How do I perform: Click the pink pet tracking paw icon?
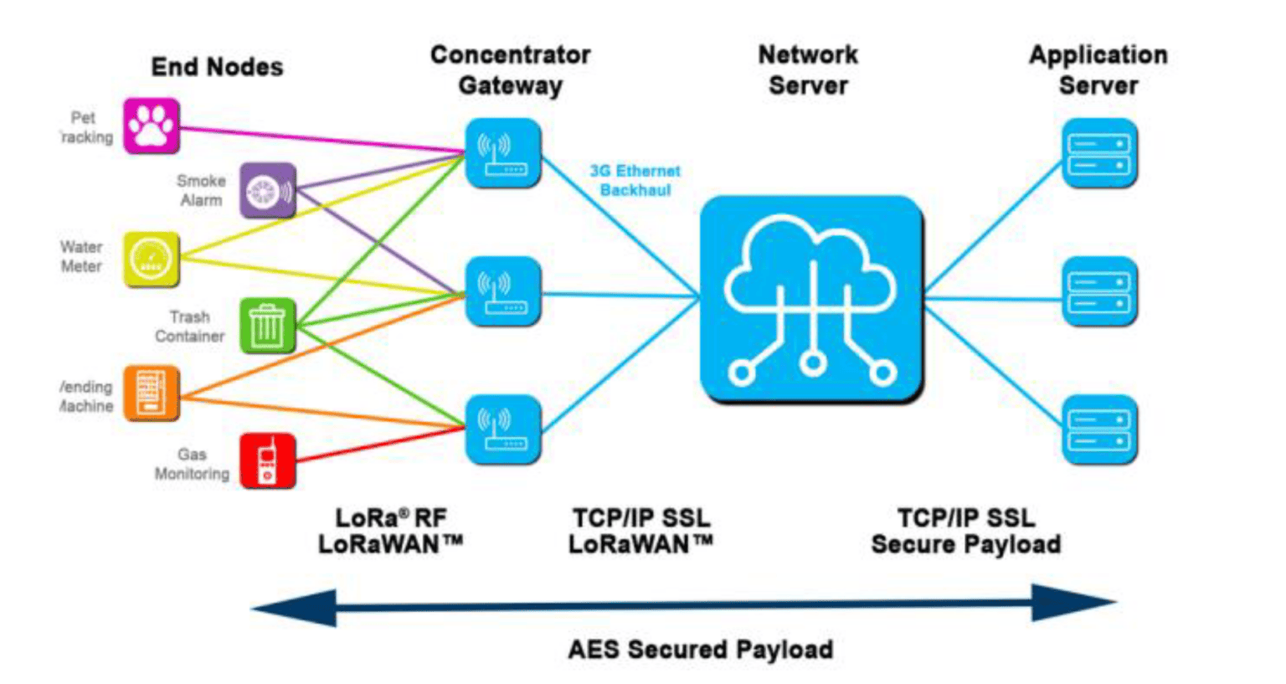point(152,126)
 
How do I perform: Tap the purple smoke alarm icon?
point(268,191)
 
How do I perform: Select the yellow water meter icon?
point(152,259)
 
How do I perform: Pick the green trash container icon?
point(268,326)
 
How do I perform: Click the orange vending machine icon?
point(152,393)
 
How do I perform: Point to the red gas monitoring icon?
point(268,460)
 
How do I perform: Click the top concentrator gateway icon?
point(502,153)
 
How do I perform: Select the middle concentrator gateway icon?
point(502,291)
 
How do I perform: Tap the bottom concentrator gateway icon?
point(502,429)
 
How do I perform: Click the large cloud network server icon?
point(811,299)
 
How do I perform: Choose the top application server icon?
point(1099,153)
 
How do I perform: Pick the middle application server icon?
point(1099,291)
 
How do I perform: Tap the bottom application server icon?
point(1099,429)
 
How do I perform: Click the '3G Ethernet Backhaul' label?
point(635,181)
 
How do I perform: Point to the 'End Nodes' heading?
point(217,67)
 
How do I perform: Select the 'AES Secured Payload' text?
point(700,650)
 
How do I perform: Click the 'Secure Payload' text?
point(965,545)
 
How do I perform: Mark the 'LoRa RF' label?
point(390,517)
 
